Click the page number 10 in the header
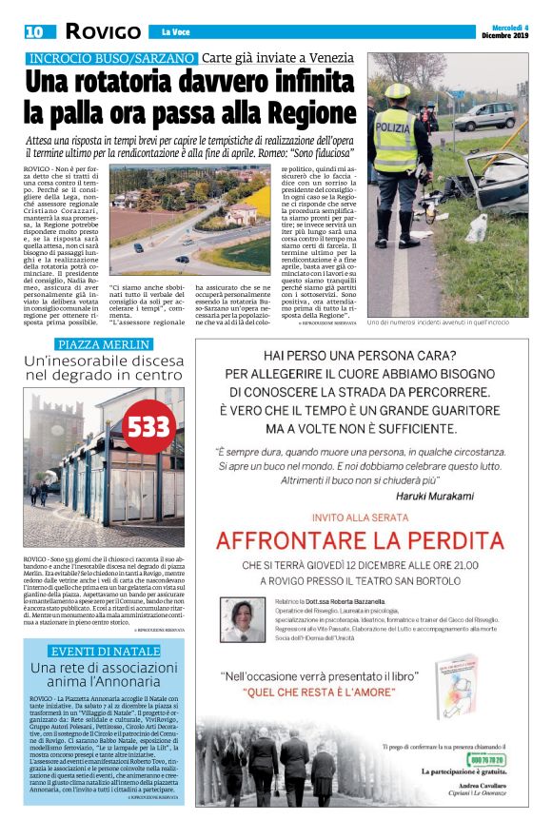coord(33,31)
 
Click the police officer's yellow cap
coord(397,91)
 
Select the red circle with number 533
coord(148,426)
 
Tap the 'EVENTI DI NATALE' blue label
coord(105,651)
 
